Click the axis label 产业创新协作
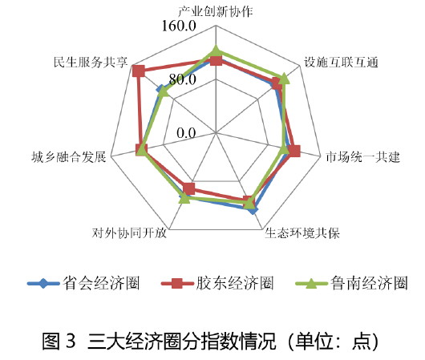click(x=216, y=12)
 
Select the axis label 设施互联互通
click(x=341, y=63)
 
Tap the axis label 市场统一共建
click(x=363, y=157)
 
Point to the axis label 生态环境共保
click(x=302, y=233)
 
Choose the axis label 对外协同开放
click(x=129, y=233)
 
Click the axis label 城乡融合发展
click(x=69, y=157)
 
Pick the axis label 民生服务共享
click(x=91, y=63)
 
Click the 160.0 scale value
click(x=179, y=26)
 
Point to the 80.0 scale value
click(x=182, y=79)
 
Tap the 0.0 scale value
click(x=186, y=133)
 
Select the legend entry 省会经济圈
click(x=83, y=284)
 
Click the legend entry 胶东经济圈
click(x=217, y=284)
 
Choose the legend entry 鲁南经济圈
click(x=351, y=284)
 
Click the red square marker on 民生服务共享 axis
click(x=138, y=71)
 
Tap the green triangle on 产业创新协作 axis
click(x=216, y=51)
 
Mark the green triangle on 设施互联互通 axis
click(x=284, y=79)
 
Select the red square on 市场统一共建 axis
click(x=294, y=151)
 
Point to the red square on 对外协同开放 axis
click(x=189, y=188)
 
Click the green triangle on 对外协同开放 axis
click(x=185, y=198)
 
